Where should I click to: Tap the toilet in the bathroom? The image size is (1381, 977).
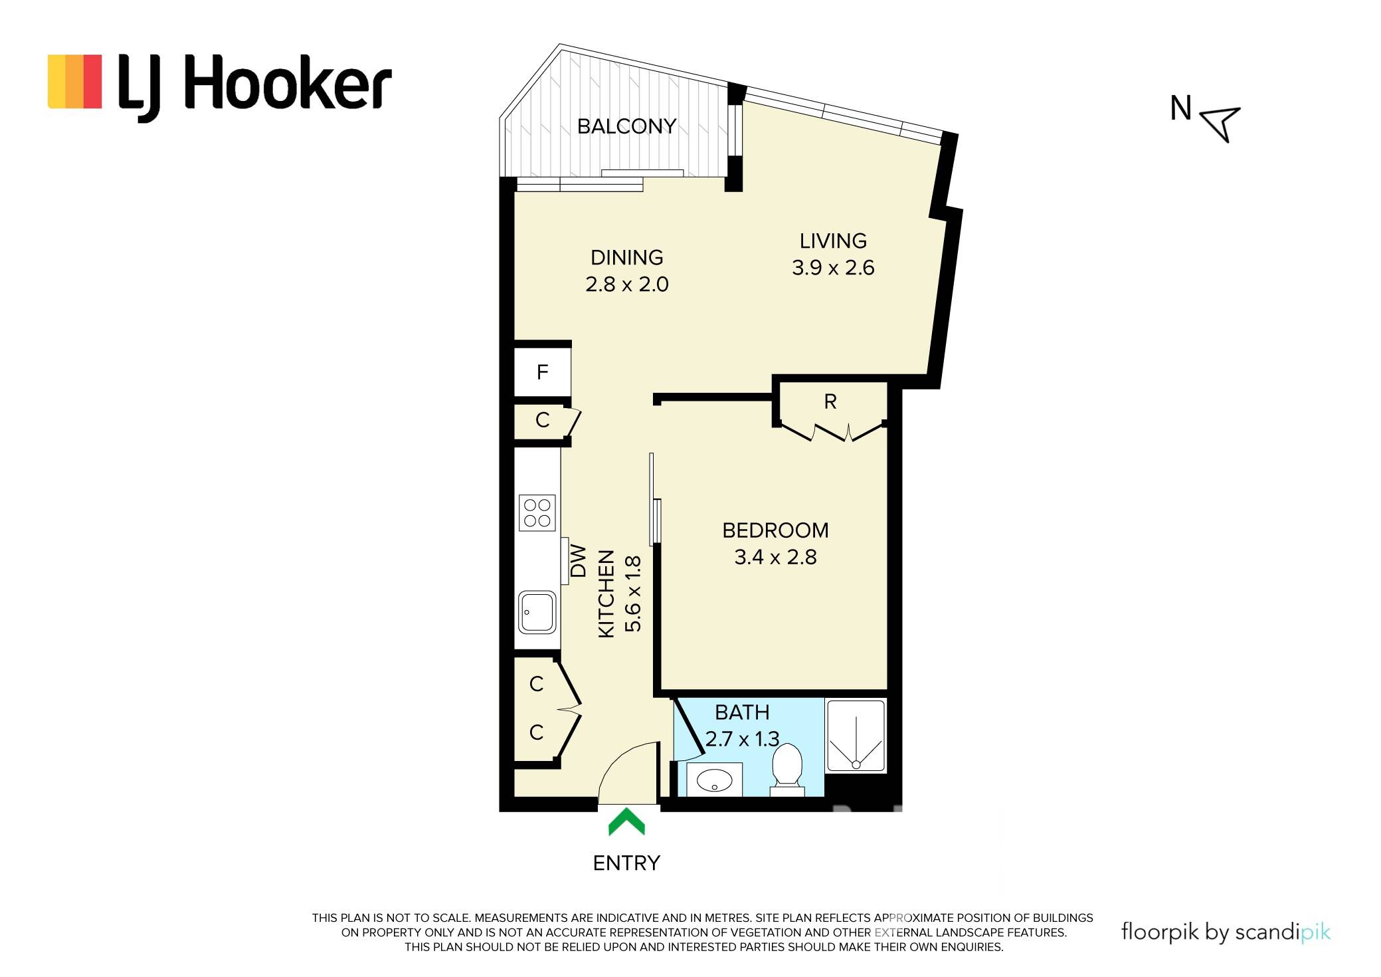pyautogui.click(x=787, y=770)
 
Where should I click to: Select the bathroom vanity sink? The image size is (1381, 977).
pyautogui.click(x=714, y=779)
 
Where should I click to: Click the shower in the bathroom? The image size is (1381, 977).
pyautogui.click(x=856, y=736)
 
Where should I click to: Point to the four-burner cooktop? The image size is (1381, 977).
pyautogui.click(x=537, y=513)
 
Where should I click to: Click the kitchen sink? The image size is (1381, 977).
pyautogui.click(x=537, y=612)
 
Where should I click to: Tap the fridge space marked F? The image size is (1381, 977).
pyautogui.click(x=543, y=372)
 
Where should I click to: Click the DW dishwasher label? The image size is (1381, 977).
pyautogui.click(x=579, y=561)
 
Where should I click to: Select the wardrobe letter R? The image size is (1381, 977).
pyautogui.click(x=830, y=401)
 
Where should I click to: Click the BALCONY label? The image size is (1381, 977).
pyautogui.click(x=626, y=126)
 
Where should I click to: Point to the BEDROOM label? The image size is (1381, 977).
pyautogui.click(x=775, y=530)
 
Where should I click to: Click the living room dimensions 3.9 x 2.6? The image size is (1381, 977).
pyautogui.click(x=833, y=268)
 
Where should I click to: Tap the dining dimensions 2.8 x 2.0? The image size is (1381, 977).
pyautogui.click(x=626, y=284)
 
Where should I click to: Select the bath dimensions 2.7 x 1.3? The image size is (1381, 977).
pyautogui.click(x=742, y=738)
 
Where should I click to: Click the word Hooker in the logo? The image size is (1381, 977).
pyautogui.click(x=287, y=85)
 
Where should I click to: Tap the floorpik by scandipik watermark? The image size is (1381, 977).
pyautogui.click(x=1226, y=932)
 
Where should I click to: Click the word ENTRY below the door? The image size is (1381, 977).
pyautogui.click(x=626, y=863)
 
